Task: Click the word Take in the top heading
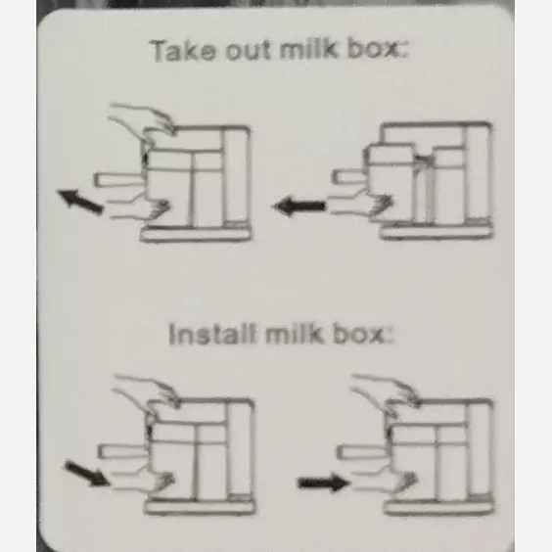coord(183,52)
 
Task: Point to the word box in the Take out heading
coord(378,49)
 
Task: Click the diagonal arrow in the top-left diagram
coord(80,201)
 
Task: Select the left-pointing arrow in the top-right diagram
coord(299,206)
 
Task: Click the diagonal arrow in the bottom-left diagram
coord(86,474)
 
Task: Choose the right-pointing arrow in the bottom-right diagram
coord(323,483)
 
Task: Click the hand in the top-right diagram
coord(360,205)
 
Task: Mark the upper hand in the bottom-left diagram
coord(146,391)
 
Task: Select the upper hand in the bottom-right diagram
coord(386,391)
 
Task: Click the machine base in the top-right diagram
coord(437,233)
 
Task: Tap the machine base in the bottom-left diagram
coord(200,507)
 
